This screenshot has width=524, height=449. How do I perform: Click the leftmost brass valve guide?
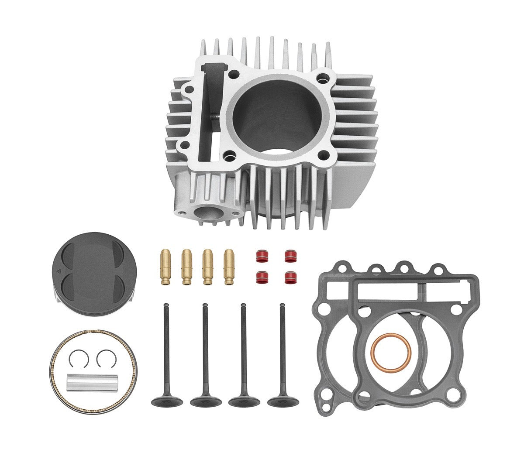click(166, 267)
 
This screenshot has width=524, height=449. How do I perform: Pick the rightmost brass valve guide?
click(229, 267)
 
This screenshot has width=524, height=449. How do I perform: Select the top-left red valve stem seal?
click(262, 255)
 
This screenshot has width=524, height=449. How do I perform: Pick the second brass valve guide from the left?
click(187, 267)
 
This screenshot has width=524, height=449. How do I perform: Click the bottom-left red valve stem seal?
click(262, 278)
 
